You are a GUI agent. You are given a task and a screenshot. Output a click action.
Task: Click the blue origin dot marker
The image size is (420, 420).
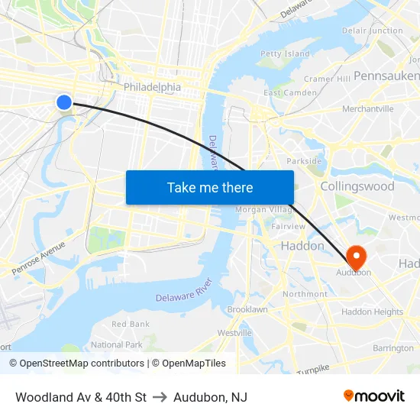(64, 102)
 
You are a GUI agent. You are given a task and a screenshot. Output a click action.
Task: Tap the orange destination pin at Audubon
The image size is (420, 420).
(356, 254)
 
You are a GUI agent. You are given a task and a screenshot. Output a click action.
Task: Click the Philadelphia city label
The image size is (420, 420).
(152, 87)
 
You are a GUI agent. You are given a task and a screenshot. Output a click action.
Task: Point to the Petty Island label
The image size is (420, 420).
(285, 54)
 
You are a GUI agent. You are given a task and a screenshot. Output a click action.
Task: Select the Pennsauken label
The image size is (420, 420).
(386, 76)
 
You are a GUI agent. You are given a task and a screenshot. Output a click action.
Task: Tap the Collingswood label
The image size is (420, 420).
(357, 186)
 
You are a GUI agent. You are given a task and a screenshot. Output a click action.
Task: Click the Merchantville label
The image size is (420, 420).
(367, 109)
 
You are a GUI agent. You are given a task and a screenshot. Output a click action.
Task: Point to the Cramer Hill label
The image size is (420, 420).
(327, 79)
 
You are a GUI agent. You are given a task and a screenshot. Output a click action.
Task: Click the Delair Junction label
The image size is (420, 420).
(373, 31)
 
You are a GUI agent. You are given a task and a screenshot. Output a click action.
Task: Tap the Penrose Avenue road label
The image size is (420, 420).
(38, 260)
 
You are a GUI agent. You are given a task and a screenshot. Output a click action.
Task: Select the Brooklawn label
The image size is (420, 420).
(247, 310)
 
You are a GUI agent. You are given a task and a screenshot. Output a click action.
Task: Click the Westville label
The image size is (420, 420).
(234, 333)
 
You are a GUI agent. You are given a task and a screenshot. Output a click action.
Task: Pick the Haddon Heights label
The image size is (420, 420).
(372, 312)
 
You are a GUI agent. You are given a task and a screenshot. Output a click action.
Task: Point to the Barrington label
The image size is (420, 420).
(393, 348)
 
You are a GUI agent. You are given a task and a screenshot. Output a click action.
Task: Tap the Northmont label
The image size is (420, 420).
(305, 294)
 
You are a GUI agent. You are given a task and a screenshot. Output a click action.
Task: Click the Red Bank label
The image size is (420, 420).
(131, 325)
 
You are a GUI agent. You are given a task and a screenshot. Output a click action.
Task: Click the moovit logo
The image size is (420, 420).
(373, 396)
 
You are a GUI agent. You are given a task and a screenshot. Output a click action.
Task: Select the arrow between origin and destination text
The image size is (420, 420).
(160, 397)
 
